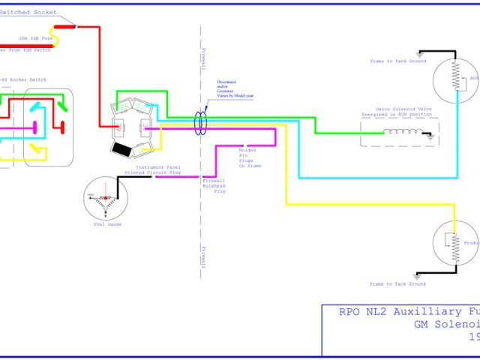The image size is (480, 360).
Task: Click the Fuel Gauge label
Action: [x=108, y=224]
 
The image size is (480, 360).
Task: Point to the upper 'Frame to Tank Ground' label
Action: [x=397, y=61]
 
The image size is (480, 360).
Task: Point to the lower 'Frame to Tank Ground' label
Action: [x=397, y=284]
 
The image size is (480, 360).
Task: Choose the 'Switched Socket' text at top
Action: [x=33, y=13]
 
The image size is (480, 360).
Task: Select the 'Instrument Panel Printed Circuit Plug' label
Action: [x=154, y=169]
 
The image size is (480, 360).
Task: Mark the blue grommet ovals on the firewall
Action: [x=201, y=121]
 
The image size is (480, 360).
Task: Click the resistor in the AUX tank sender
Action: [x=454, y=75]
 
